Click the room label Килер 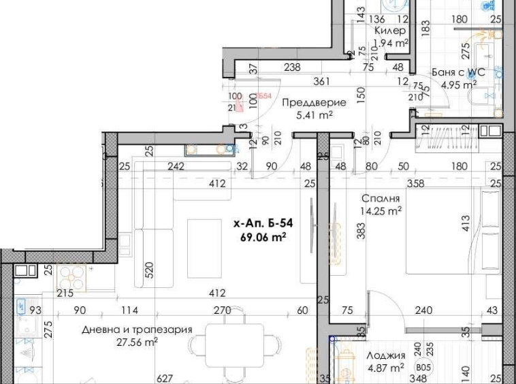[391, 31]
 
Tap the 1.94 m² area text [391, 43]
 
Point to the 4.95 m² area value [459, 85]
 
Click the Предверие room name [313, 103]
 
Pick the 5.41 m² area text [314, 115]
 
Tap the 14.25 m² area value [381, 210]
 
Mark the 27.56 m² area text [137, 342]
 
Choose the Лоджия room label [386, 355]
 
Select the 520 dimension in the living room [150, 270]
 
